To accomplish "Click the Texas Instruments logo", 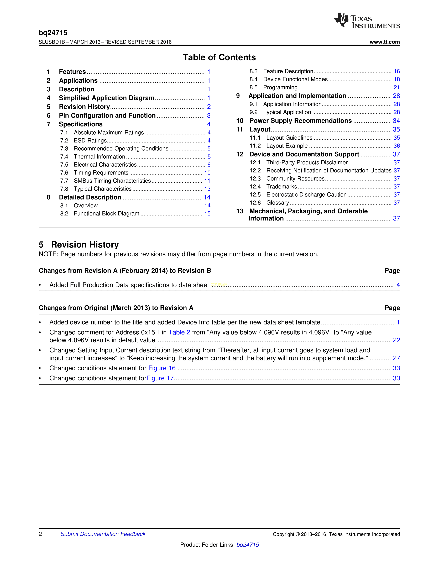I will coord(367,20).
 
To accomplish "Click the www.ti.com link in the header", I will coord(385,42).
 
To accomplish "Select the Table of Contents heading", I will coord(219,57).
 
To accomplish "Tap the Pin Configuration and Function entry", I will coord(107,115).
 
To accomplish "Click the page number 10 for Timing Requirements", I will coord(207,173).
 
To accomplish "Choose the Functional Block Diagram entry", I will coord(106,214).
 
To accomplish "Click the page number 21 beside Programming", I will coord(396,87).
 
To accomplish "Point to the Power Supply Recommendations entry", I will coord(300,121).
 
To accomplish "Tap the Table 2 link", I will coord(179,332).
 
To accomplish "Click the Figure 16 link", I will coord(162,368).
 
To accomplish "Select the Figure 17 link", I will coord(160,378).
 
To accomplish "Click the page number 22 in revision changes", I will coord(396,340).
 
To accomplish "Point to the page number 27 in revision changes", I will coord(396,358).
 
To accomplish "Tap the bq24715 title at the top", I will coord(53,33).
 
